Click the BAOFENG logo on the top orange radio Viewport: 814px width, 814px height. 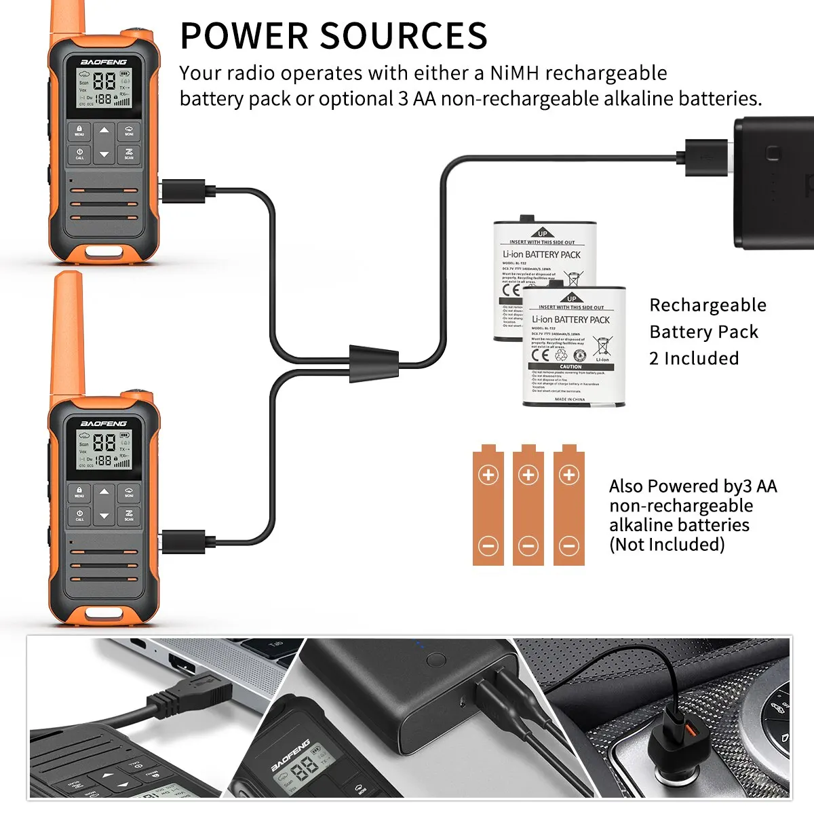104,62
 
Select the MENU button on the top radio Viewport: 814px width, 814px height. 79,130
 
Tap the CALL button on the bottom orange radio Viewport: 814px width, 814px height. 79,516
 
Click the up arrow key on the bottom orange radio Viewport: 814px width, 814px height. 104,492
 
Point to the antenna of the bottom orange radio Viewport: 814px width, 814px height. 68,332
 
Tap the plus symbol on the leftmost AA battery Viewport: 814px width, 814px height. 488,475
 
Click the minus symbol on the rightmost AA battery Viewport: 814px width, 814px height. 569,545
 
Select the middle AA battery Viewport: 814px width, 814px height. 528,505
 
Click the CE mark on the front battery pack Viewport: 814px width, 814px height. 541,353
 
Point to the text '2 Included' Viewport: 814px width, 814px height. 694,358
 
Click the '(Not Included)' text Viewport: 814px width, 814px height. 667,545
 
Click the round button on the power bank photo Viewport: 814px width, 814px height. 436,659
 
